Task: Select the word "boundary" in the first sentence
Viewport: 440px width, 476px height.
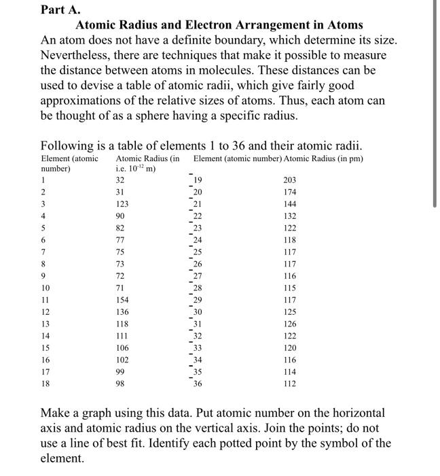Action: click(x=244, y=40)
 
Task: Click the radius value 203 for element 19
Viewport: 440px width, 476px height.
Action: click(x=291, y=180)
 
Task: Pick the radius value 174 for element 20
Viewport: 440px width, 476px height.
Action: click(x=291, y=192)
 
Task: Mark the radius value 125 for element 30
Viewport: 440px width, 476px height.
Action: click(x=291, y=311)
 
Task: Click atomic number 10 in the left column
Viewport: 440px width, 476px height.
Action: click(x=45, y=287)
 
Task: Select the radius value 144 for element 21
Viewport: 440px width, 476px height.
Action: click(x=291, y=203)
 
